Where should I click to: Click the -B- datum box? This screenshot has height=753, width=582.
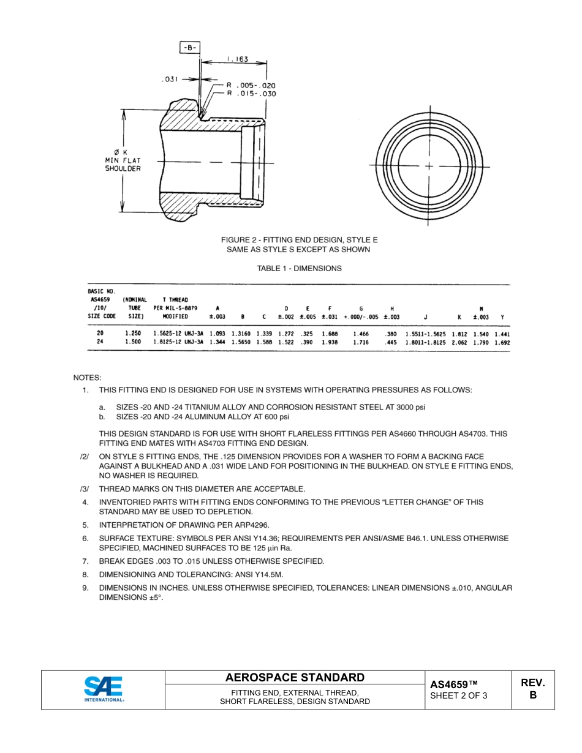tap(190, 47)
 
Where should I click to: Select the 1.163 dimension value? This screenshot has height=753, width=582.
tap(236, 59)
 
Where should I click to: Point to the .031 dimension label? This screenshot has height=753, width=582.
tap(170, 79)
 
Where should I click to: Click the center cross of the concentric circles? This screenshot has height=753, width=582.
tap(429, 166)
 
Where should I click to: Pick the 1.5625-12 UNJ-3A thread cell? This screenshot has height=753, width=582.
tap(178, 334)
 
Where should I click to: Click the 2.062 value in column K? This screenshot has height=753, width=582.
tap(459, 343)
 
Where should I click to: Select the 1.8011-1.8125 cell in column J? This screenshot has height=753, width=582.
tap(426, 343)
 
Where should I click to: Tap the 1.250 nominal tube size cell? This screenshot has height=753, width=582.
tap(133, 334)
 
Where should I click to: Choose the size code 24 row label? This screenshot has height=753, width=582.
tap(100, 343)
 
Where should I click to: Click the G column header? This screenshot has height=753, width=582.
tap(361, 309)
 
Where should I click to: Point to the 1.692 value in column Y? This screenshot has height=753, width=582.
tap(502, 343)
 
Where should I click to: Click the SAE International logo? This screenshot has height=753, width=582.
tap(104, 689)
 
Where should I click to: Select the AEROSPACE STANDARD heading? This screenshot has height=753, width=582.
tap(295, 678)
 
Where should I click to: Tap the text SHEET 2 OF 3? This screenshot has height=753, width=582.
tap(459, 695)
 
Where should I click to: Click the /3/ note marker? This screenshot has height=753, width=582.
tap(85, 489)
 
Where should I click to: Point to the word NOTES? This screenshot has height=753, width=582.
tap(87, 378)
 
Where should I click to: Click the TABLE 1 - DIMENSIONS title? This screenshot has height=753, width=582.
tap(299, 268)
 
